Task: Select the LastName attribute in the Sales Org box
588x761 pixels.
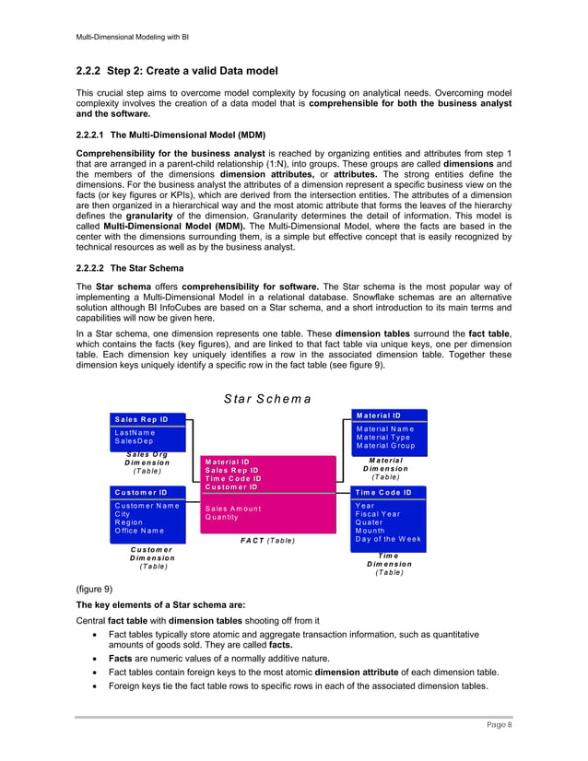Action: click(135, 432)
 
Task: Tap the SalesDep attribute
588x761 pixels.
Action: click(134, 441)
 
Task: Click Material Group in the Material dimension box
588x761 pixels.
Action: click(385, 446)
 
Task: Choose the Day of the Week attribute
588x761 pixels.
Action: click(388, 539)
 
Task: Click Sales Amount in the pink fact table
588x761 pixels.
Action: click(233, 509)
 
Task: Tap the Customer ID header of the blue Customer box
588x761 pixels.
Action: click(140, 492)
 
